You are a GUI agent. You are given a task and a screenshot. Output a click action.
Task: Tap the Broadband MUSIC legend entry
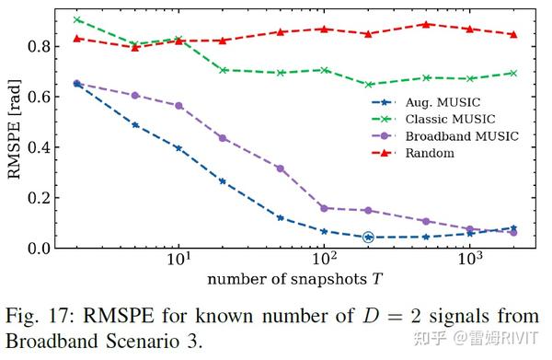tap(448, 135)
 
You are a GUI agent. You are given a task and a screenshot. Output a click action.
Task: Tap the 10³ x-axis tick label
tap(470, 261)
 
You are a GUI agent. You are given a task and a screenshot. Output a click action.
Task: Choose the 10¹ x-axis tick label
tap(178, 261)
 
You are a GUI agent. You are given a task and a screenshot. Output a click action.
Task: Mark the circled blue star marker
tap(368, 238)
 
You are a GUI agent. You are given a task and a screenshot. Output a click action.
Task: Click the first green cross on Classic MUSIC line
tap(77, 19)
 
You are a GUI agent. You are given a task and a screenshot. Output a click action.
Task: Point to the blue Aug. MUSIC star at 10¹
tap(178, 148)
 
